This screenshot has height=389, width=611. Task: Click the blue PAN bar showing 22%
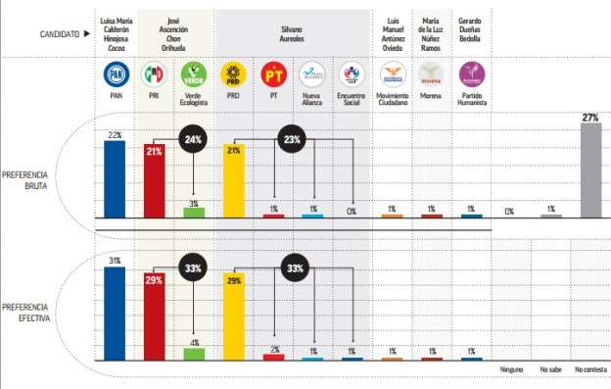[x=115, y=178]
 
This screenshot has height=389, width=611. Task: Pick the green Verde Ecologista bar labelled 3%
[x=194, y=213]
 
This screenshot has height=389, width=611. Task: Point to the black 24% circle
[x=194, y=140]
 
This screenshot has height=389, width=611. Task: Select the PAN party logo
[x=115, y=73]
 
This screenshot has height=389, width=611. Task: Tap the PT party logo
[x=273, y=73]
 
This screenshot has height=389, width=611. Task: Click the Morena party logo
[x=431, y=73]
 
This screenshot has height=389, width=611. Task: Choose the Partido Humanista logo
[x=471, y=73]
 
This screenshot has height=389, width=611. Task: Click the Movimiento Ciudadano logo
[x=392, y=73]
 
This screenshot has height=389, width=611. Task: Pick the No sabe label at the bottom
[x=551, y=369]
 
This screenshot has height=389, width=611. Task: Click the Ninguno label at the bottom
[x=510, y=369]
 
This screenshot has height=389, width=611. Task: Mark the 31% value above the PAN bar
[x=115, y=261]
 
